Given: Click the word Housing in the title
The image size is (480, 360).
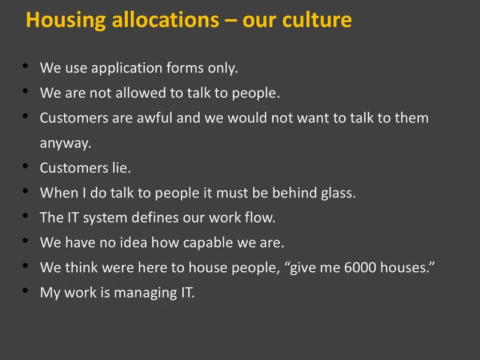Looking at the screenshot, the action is coord(66,20).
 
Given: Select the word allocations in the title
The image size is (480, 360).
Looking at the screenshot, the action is coord(166,20).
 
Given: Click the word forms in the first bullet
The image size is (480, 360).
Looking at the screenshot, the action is coord(185,67).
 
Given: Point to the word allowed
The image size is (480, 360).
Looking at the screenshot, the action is coord(140,92).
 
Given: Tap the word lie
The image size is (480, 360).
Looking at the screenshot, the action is coord(122,167).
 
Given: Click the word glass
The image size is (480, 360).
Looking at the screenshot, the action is coord(338,193).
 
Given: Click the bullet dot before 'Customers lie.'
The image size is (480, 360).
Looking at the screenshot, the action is coord(25,166).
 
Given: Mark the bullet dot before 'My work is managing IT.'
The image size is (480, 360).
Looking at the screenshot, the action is coord(25,290).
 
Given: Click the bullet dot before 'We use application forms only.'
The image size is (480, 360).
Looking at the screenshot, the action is coord(25,65).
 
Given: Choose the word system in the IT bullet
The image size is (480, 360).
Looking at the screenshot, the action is coord(105,218).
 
